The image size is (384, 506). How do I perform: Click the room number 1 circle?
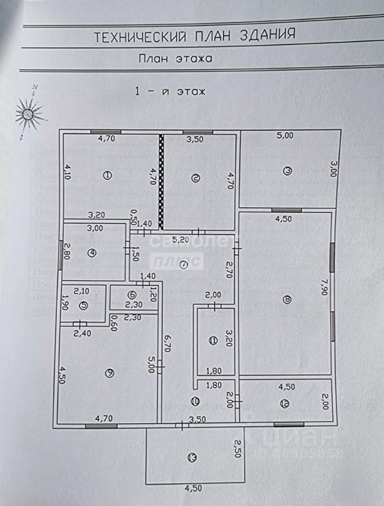pos(107,176)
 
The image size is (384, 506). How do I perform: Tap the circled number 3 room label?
pos(287,171)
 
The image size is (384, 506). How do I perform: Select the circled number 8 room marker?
pos(286,300)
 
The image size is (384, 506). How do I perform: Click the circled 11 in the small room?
pos(213,340)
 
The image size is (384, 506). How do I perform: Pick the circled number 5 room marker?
pos(84,306)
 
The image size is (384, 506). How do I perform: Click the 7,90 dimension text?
pos(323,289)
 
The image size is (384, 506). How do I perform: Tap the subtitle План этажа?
pos(175,59)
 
